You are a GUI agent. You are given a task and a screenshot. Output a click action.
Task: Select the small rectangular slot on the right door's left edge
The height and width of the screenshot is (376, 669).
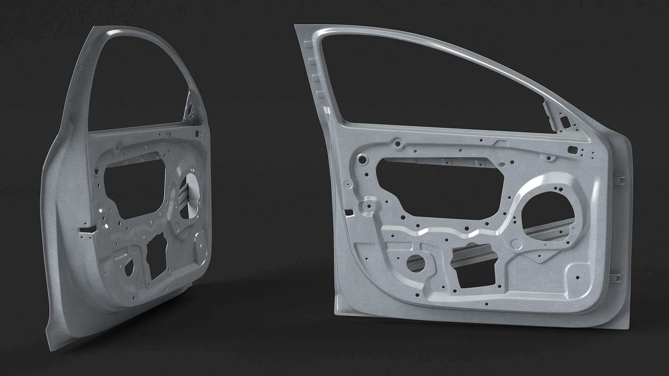[347, 211]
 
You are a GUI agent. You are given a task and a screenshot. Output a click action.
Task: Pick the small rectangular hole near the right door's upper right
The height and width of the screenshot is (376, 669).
[572, 150]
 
